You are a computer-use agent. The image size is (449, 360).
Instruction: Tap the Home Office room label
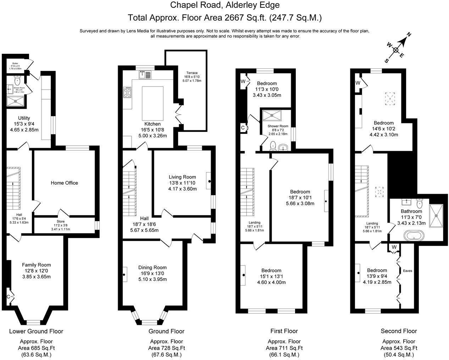(x=64, y=183)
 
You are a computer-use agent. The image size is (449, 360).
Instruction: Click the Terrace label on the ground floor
(x=192, y=73)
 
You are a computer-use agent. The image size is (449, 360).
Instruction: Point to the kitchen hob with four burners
(x=128, y=93)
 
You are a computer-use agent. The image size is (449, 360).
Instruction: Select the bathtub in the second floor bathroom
(x=414, y=236)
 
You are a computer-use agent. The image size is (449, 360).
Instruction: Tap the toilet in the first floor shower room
(x=273, y=145)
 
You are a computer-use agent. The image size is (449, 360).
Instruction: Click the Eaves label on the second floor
(x=408, y=271)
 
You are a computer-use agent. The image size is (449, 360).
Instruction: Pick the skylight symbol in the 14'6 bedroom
(x=390, y=98)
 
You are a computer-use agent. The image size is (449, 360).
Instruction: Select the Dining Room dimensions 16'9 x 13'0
(x=152, y=273)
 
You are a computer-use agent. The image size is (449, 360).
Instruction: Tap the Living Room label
(x=182, y=177)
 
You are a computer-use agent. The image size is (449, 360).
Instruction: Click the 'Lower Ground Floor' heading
(x=36, y=331)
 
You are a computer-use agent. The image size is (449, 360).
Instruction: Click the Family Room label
(x=36, y=265)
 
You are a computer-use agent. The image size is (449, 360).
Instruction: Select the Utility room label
(x=24, y=118)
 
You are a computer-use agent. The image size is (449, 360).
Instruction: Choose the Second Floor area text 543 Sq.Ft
(x=399, y=348)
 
